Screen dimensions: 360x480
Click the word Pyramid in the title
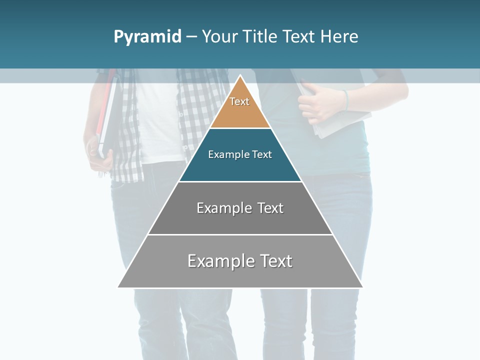(147, 37)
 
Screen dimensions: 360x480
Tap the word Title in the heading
(260, 37)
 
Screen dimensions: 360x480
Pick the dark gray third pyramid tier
(240, 220)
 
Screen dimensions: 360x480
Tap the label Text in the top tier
(239, 101)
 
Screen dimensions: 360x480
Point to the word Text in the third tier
(270, 208)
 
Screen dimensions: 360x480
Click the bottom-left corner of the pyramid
(118, 287)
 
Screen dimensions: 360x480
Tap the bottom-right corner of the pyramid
(362, 287)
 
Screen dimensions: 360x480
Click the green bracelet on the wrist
(345, 100)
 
